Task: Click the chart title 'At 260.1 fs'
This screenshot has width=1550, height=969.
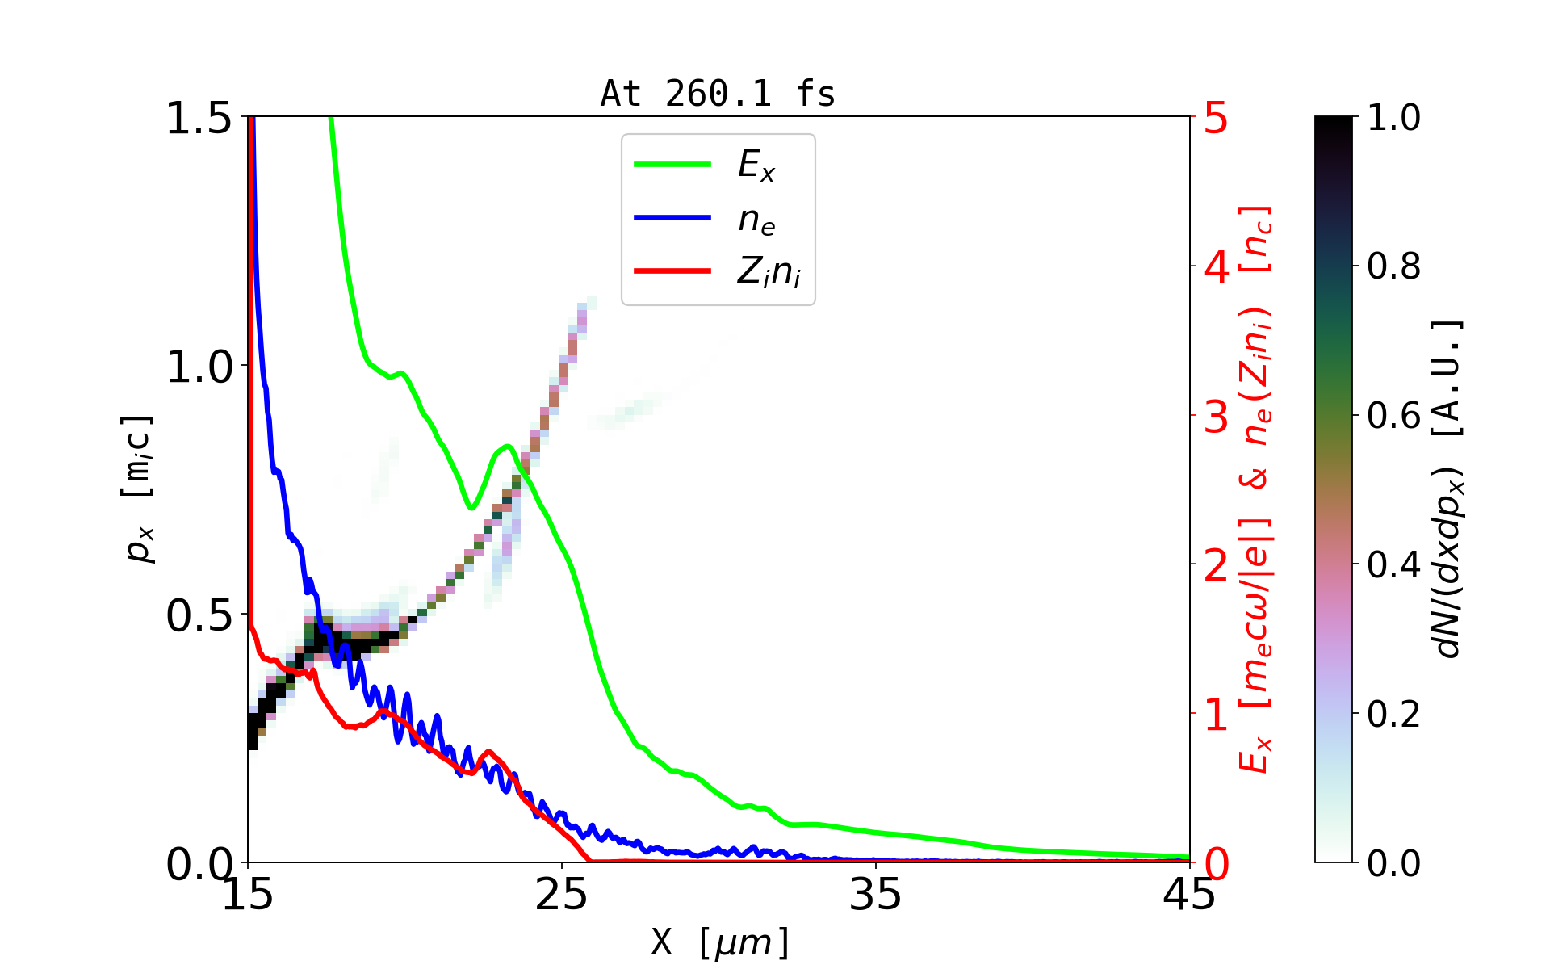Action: [718, 94]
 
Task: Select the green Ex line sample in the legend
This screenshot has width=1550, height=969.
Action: [672, 165]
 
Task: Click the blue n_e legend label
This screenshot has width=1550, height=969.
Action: [756, 220]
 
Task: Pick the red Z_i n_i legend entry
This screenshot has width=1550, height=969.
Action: [768, 272]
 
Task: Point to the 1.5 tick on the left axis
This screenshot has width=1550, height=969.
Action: [199, 119]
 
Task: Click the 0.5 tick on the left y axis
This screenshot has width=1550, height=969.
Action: [199, 616]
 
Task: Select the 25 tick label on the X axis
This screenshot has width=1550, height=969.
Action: [562, 895]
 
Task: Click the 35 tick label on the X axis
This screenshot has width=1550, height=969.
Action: [876, 895]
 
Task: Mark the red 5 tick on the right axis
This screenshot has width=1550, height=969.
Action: [1216, 119]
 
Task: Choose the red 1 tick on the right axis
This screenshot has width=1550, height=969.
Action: [1216, 715]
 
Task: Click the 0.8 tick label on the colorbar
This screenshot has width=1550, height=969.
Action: [1393, 266]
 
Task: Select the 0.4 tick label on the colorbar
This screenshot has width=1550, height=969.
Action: [1393, 564]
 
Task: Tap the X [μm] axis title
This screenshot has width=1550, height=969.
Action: [720, 942]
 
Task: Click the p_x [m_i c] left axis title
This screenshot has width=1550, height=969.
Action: [139, 489]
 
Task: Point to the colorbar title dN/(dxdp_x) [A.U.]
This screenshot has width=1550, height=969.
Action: [1449, 489]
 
